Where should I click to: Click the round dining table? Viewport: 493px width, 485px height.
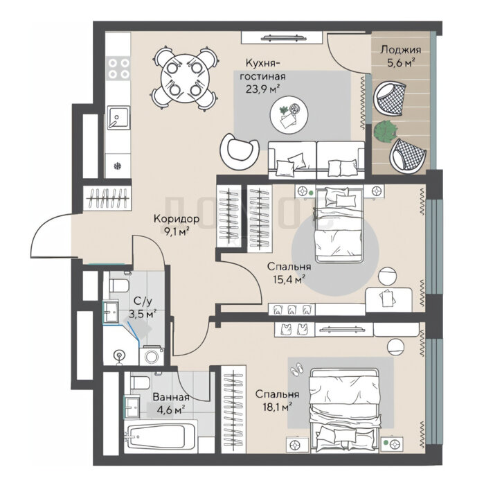click(183, 78)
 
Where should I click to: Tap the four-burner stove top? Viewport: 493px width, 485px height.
click(118, 69)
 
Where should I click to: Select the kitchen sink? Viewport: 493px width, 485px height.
click(118, 118)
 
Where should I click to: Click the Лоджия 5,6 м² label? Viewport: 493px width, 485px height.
click(400, 56)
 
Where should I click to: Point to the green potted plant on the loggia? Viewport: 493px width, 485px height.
click(385, 131)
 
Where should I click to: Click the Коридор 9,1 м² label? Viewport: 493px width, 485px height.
click(177, 224)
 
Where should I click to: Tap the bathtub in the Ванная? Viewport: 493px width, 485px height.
click(161, 436)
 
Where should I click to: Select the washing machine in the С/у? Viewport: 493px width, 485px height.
click(152, 355)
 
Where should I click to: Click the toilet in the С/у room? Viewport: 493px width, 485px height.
click(118, 285)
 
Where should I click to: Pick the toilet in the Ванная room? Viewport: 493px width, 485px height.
click(139, 382)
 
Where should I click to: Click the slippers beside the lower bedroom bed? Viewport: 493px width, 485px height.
click(297, 369)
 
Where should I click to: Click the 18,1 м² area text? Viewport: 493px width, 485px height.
click(277, 407)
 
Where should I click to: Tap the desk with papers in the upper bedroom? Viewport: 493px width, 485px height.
click(388, 299)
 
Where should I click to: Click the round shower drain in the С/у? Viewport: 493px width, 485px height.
click(119, 355)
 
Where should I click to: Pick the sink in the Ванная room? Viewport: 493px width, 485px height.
click(132, 407)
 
